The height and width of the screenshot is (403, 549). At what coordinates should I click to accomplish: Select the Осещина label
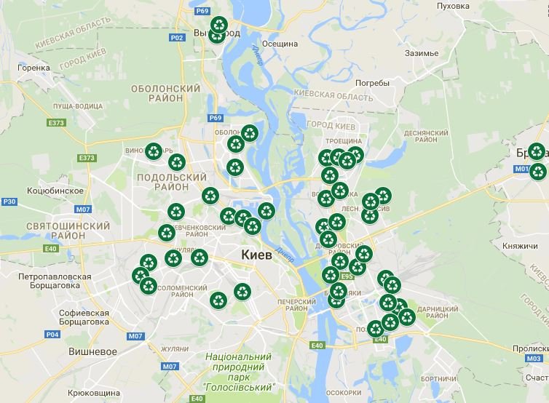[280, 44]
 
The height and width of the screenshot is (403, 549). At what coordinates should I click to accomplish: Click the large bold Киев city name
[256, 255]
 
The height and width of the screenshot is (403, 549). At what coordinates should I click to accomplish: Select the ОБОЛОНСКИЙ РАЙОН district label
[165, 94]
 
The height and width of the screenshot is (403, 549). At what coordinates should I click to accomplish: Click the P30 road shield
[9, 201]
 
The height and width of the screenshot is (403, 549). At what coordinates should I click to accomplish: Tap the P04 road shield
[52, 335]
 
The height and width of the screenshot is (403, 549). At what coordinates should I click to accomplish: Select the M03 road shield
[534, 358]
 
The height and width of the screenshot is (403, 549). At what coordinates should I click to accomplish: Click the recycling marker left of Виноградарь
[154, 151]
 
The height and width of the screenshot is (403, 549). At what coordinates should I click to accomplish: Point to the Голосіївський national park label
[238, 371]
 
